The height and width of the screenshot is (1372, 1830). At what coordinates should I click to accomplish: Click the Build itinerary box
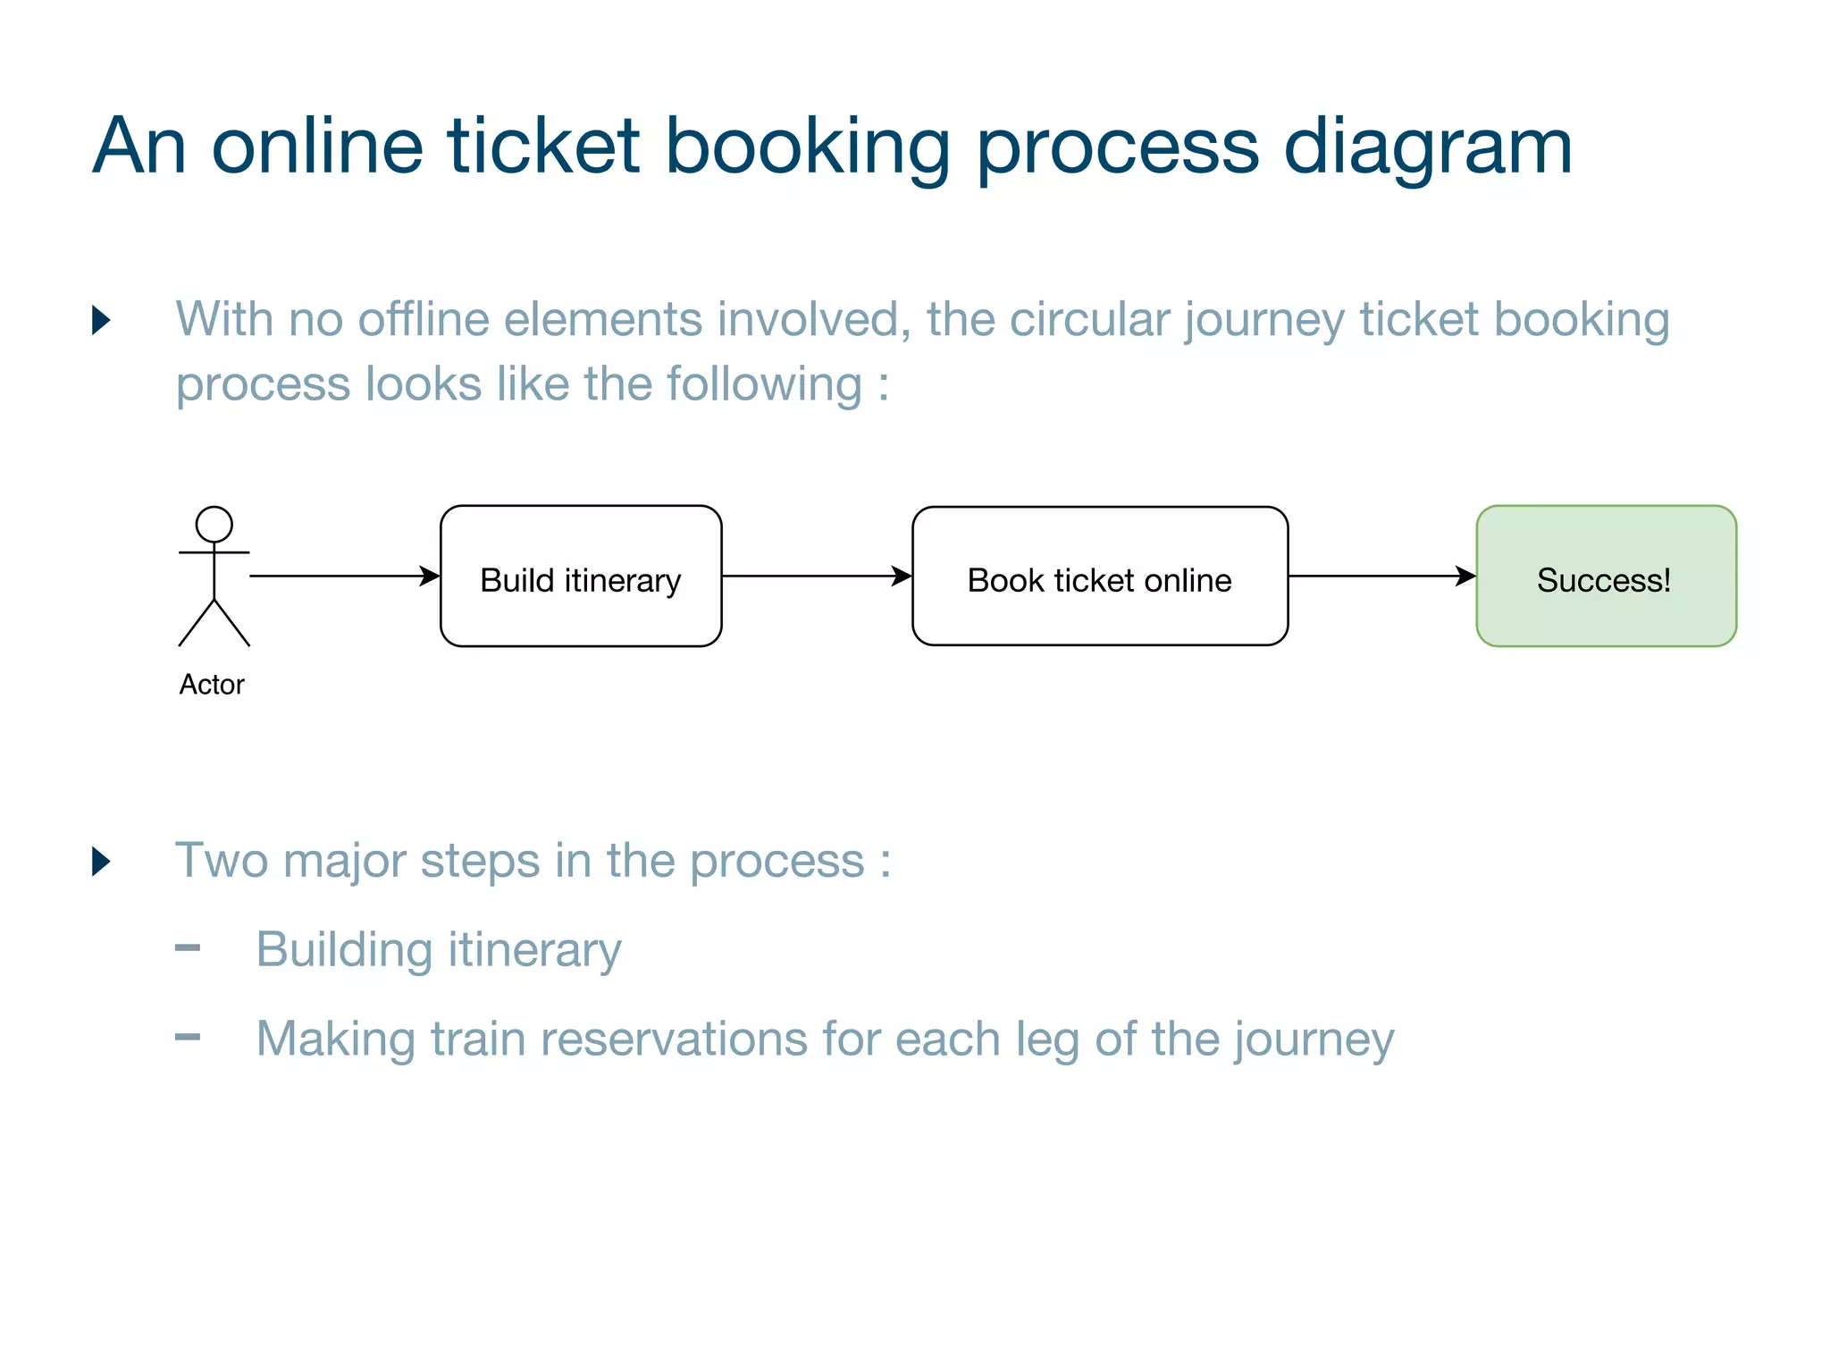[581, 577]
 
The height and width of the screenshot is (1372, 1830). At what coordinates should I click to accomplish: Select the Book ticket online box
[1100, 577]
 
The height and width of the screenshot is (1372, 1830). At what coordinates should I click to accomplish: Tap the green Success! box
[1606, 577]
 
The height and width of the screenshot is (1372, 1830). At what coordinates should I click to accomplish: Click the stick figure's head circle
[214, 524]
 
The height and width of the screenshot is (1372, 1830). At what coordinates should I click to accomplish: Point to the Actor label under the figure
[212, 685]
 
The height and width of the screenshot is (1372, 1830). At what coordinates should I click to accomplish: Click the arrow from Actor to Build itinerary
[344, 577]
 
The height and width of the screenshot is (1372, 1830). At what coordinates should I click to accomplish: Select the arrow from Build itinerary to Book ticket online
[816, 577]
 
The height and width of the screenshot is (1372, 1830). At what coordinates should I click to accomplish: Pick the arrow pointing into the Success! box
[1381, 577]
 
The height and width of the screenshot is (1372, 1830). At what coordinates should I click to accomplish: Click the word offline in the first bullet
[424, 319]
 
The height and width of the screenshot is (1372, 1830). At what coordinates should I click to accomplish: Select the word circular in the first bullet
[1089, 319]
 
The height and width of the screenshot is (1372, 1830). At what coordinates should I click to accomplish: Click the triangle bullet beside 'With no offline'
[101, 320]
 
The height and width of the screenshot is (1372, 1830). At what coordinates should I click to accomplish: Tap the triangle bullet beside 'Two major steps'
[101, 862]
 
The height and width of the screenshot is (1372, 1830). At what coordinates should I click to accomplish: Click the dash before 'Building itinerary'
[188, 948]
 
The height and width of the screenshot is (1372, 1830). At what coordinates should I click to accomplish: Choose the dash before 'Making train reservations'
[188, 1038]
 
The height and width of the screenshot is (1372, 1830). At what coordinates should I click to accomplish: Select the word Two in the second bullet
[222, 861]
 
